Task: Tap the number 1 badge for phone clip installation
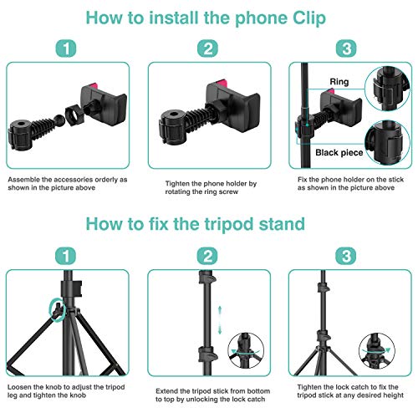tap(68, 49)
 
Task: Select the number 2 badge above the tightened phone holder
tap(207, 49)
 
